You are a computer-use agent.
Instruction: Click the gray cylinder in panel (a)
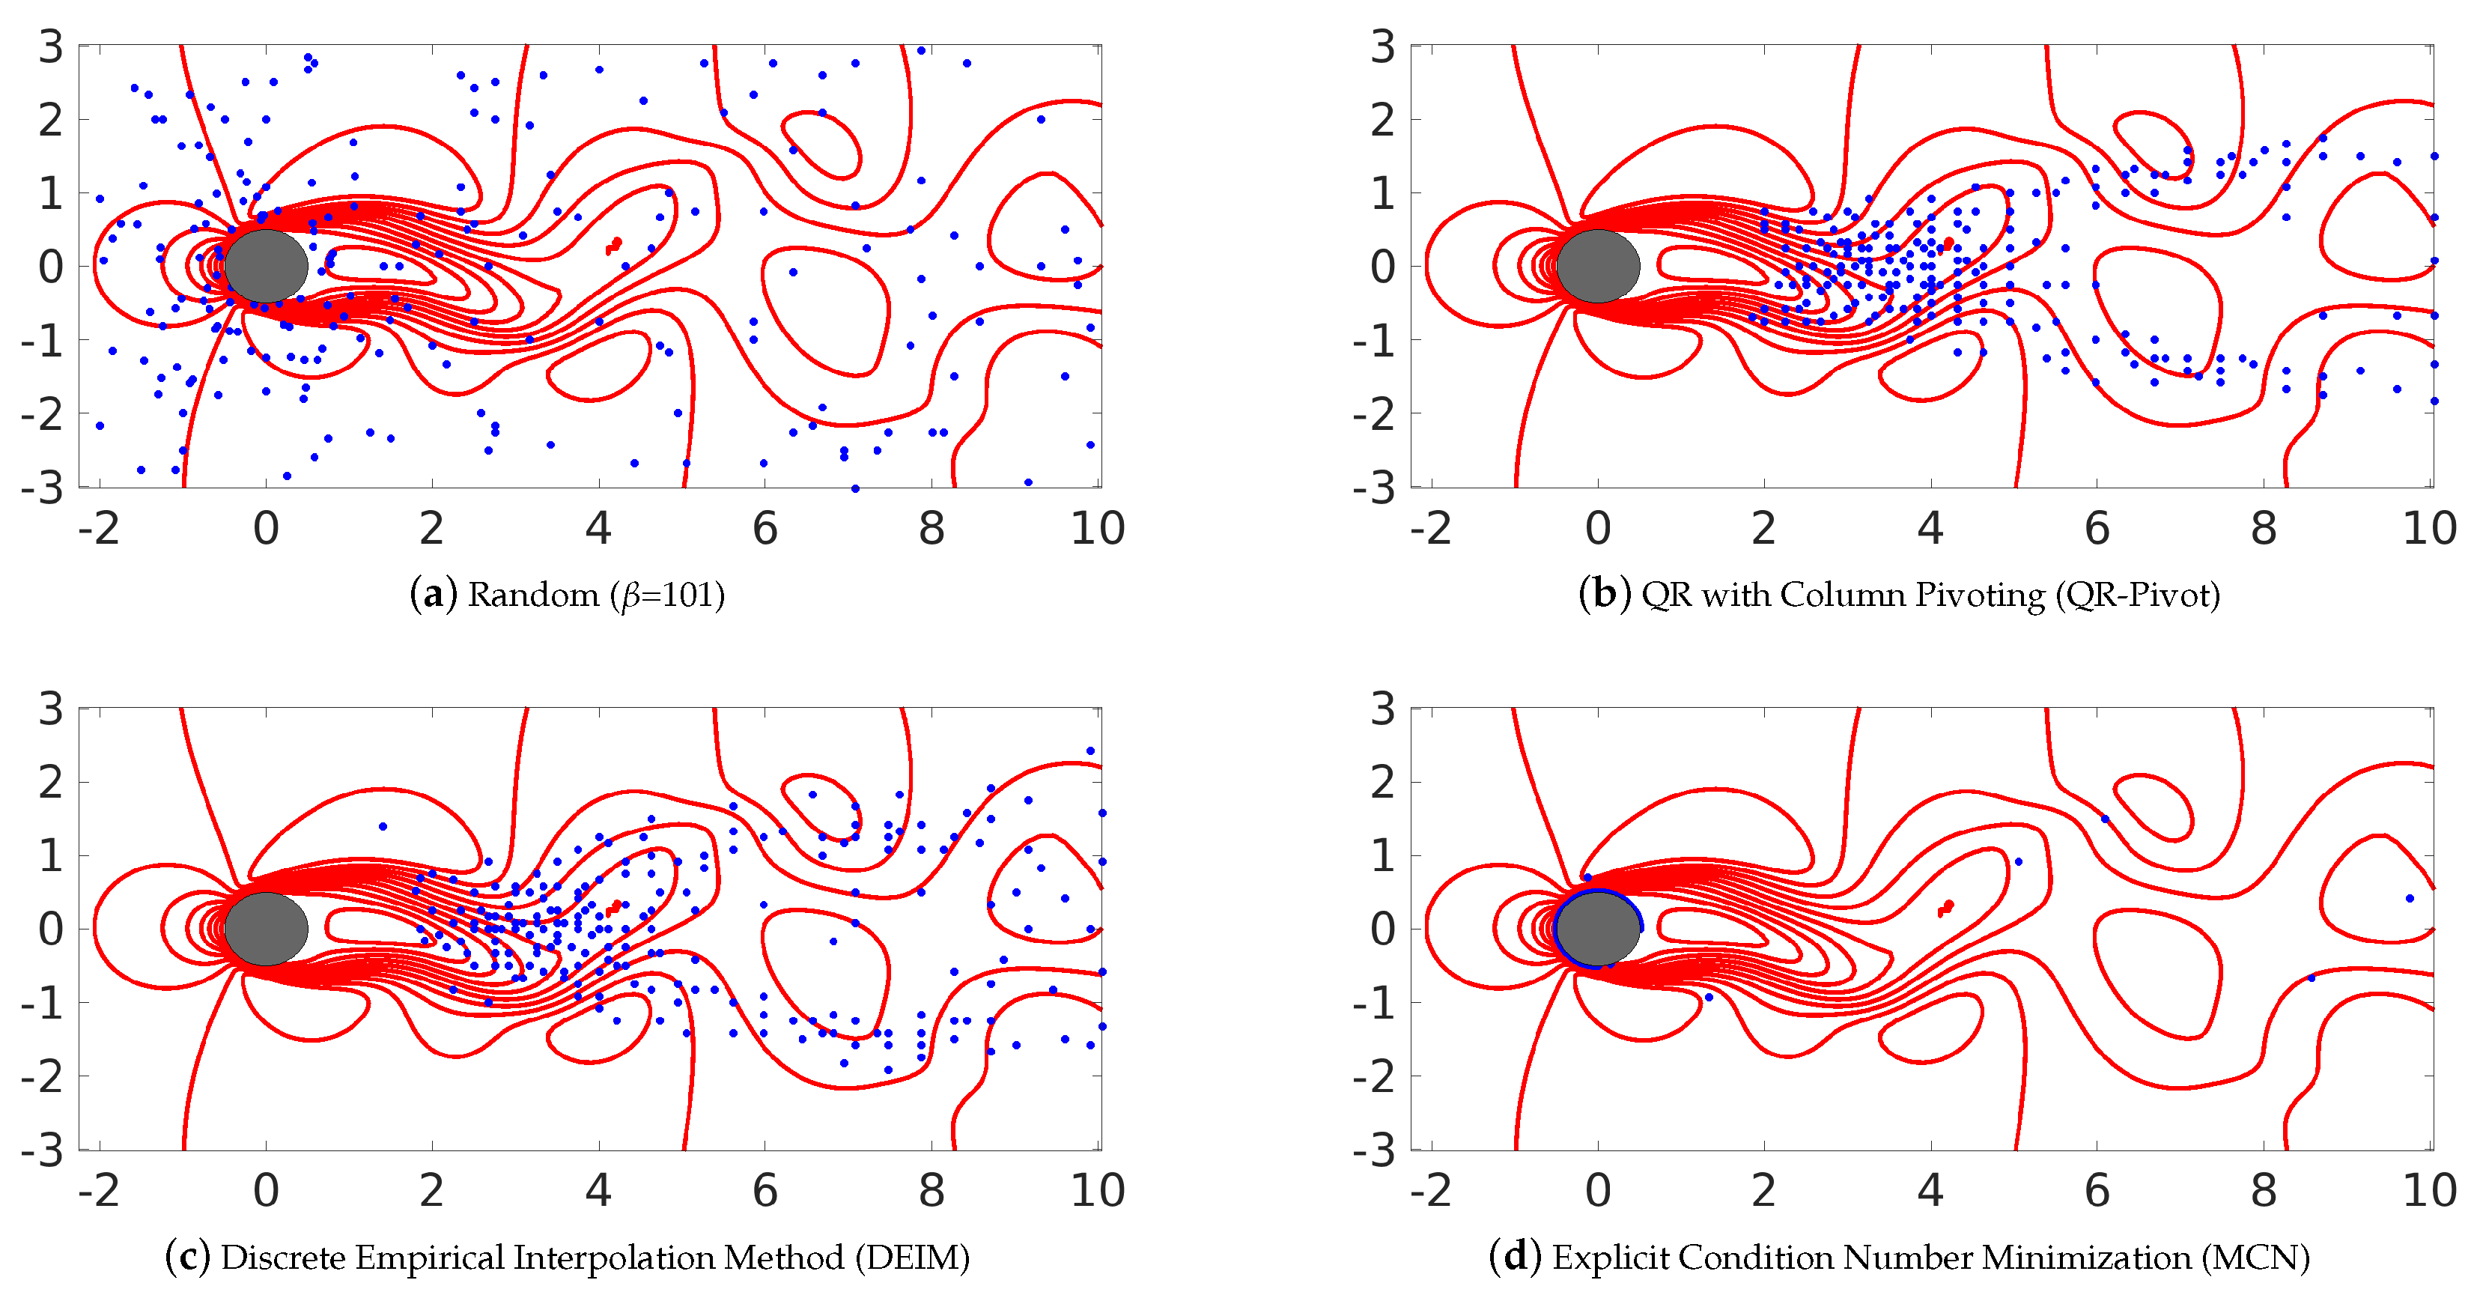(266, 266)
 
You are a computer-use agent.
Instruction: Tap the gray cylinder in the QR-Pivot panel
(1598, 266)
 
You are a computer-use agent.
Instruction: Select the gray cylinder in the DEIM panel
(266, 929)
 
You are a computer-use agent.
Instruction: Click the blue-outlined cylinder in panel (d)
(1598, 929)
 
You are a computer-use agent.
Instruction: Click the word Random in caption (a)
(533, 595)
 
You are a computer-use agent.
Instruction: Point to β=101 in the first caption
(667, 595)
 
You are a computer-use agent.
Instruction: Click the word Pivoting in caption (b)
(1979, 595)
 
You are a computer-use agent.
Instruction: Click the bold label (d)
(1516, 1258)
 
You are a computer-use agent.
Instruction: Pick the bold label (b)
(1604, 595)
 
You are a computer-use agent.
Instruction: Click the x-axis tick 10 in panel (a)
(1097, 529)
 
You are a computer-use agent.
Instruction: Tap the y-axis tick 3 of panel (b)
(1382, 46)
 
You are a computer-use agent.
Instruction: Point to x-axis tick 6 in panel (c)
(765, 1192)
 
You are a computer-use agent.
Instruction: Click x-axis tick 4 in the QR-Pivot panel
(1930, 529)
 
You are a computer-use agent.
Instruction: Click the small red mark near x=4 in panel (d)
(1946, 908)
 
